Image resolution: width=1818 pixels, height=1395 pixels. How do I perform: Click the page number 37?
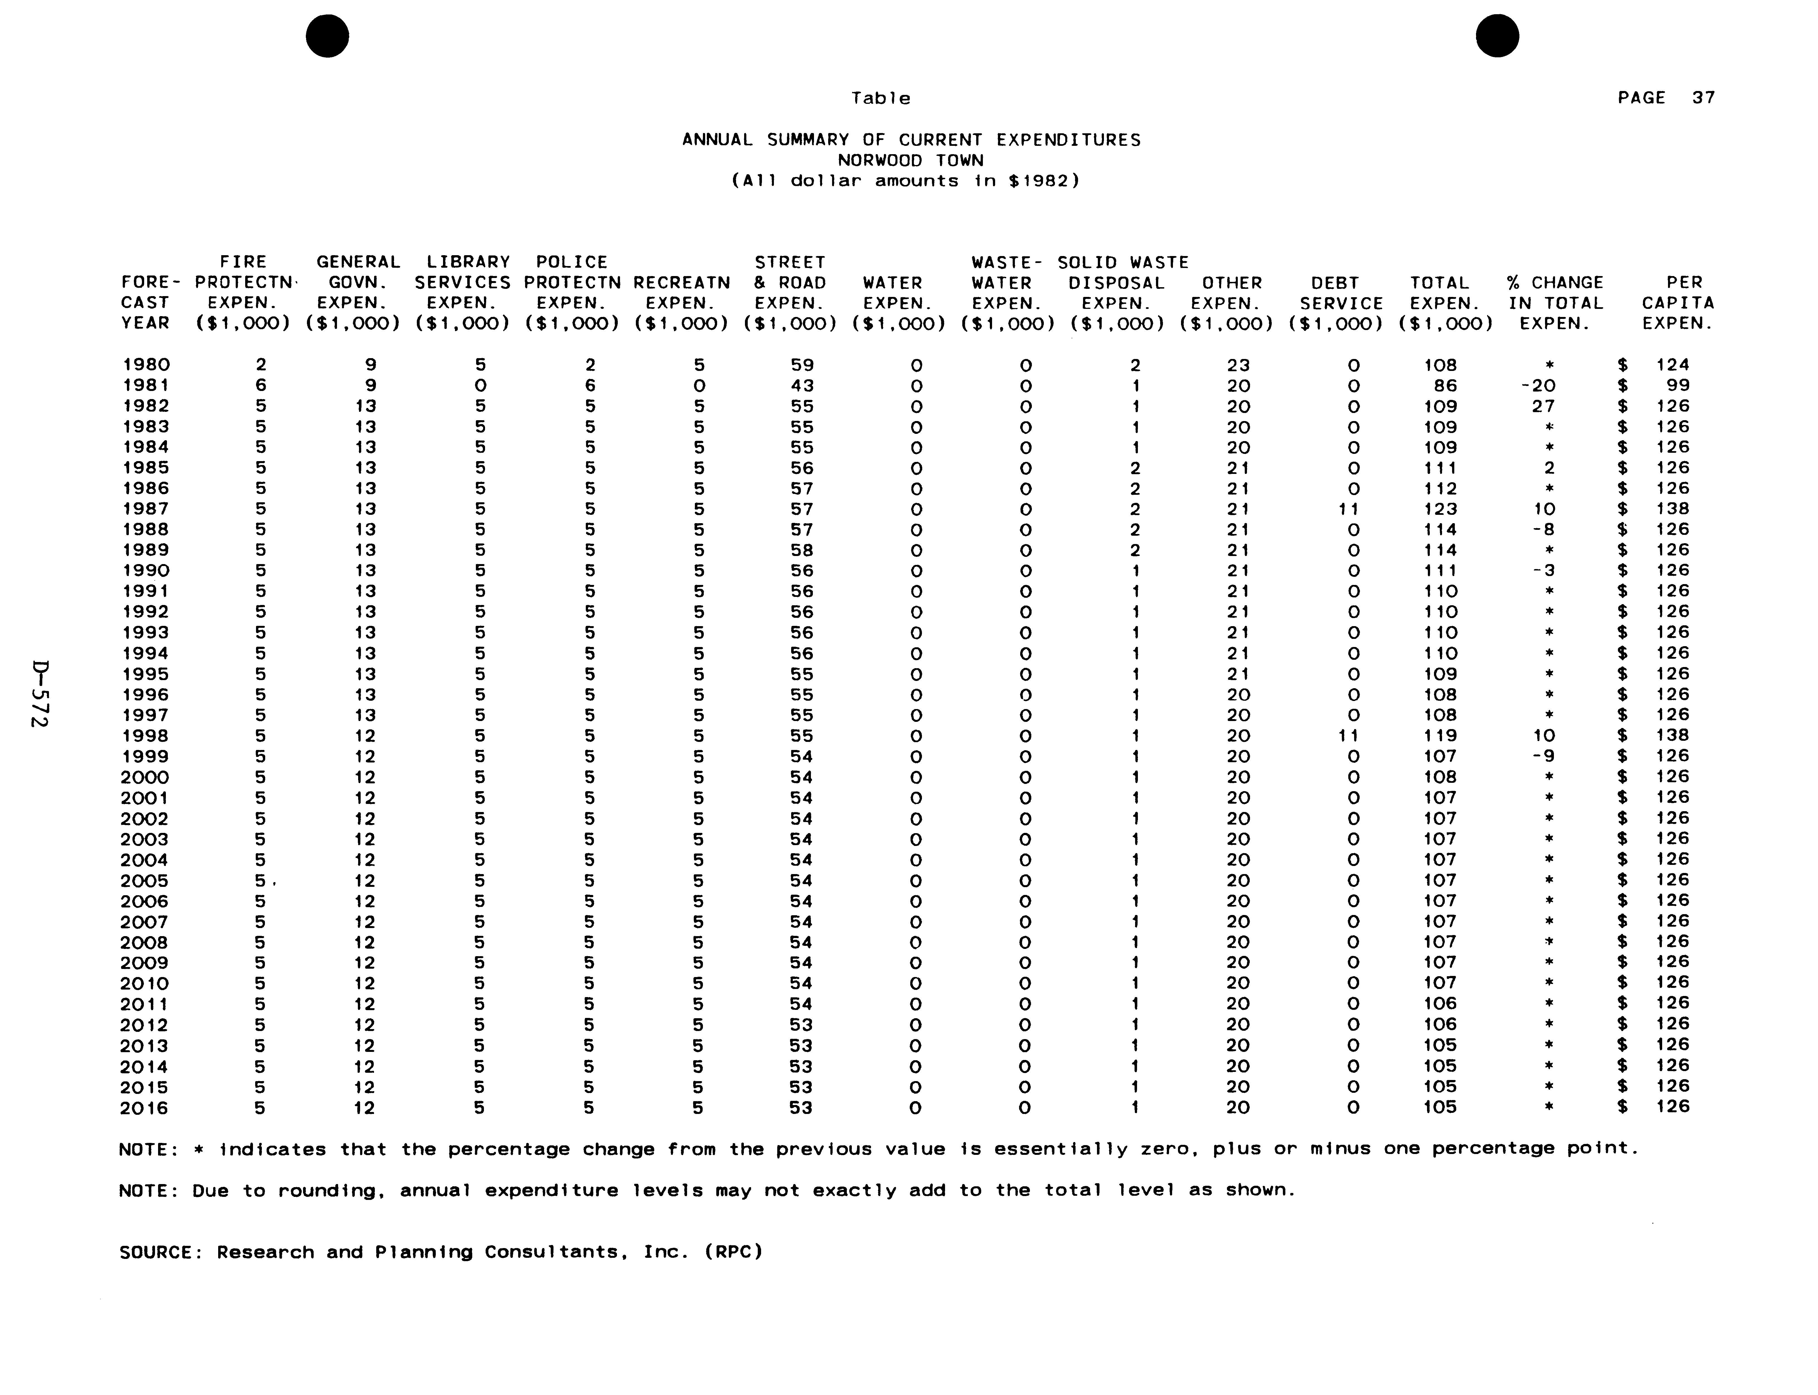(1703, 98)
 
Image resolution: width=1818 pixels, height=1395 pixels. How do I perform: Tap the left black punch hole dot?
(327, 36)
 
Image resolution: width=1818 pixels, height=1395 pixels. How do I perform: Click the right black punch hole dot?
(1498, 36)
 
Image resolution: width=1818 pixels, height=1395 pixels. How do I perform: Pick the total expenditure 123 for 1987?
(1440, 509)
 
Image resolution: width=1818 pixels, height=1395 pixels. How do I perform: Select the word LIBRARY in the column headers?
(468, 262)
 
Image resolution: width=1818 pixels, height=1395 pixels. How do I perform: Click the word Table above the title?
(881, 98)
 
